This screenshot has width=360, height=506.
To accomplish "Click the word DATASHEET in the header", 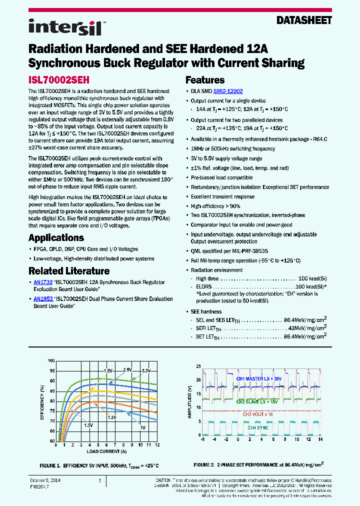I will (x=304, y=20).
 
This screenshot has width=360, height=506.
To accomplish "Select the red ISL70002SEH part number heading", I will (x=58, y=79).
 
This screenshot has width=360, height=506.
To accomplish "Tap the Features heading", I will (x=205, y=80).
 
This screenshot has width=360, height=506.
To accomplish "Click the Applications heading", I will (x=59, y=237).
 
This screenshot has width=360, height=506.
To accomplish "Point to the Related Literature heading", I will (x=69, y=271).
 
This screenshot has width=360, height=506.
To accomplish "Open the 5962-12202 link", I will (x=228, y=91).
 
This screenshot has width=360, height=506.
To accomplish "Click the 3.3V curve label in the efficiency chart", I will (x=146, y=370).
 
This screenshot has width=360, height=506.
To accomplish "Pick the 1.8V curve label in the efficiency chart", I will (x=108, y=370).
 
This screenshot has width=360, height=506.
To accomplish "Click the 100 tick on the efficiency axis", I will (x=51, y=360).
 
